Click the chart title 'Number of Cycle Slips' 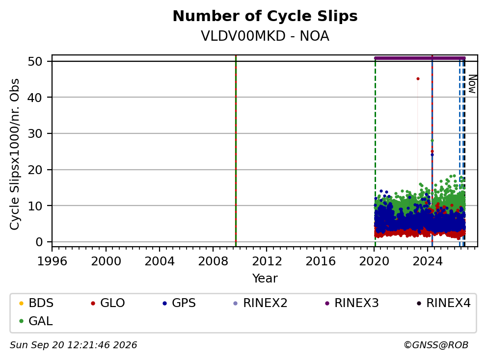pos(265,16)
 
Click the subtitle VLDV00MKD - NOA pos(265,36)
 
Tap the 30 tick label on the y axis pos(35,133)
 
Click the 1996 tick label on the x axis pos(52,261)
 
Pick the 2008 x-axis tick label pos(213,261)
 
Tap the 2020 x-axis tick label pos(374,261)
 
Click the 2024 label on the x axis pos(428,261)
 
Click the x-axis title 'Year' pos(265,279)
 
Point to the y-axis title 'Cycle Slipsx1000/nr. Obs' pos(15,154)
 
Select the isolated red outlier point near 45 pos(418,79)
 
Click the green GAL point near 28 pos(432,141)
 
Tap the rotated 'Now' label pos(472,84)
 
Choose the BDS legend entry pos(36,303)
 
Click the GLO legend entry pos(108,303)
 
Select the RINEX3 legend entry pos(352,303)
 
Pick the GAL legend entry pos(36,321)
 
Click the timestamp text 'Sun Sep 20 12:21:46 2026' pos(73,345)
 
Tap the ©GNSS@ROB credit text pos(436,345)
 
